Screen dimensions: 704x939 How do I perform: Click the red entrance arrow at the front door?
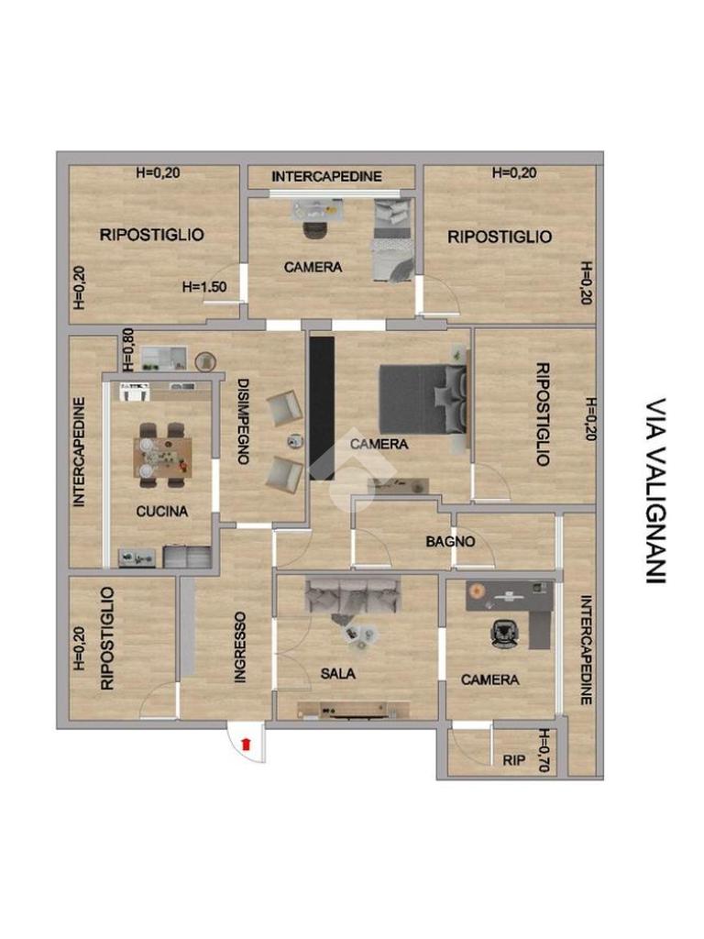[x=246, y=745]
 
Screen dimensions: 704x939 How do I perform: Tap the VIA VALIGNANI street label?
[x=656, y=492]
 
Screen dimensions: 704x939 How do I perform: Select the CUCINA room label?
[x=161, y=512]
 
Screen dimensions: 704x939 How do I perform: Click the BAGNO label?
[x=450, y=542]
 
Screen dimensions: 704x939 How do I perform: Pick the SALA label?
[x=337, y=674]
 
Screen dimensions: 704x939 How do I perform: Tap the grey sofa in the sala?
[x=353, y=594]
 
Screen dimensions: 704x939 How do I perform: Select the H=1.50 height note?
[x=204, y=287]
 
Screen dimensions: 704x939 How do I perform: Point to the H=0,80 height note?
[x=128, y=350]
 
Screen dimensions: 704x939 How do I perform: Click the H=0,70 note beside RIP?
[x=544, y=750]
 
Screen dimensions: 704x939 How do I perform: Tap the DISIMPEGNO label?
[x=242, y=422]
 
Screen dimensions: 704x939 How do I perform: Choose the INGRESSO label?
[x=239, y=647]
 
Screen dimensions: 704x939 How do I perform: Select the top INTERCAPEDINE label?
[x=326, y=177]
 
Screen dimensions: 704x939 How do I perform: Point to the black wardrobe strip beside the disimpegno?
[x=322, y=408]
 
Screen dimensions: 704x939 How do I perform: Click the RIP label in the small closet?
[x=513, y=760]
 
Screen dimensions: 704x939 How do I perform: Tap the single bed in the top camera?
[x=393, y=239]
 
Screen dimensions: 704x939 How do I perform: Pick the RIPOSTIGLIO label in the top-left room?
[x=151, y=235]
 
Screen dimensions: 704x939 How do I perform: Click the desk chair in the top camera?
[x=315, y=229]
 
